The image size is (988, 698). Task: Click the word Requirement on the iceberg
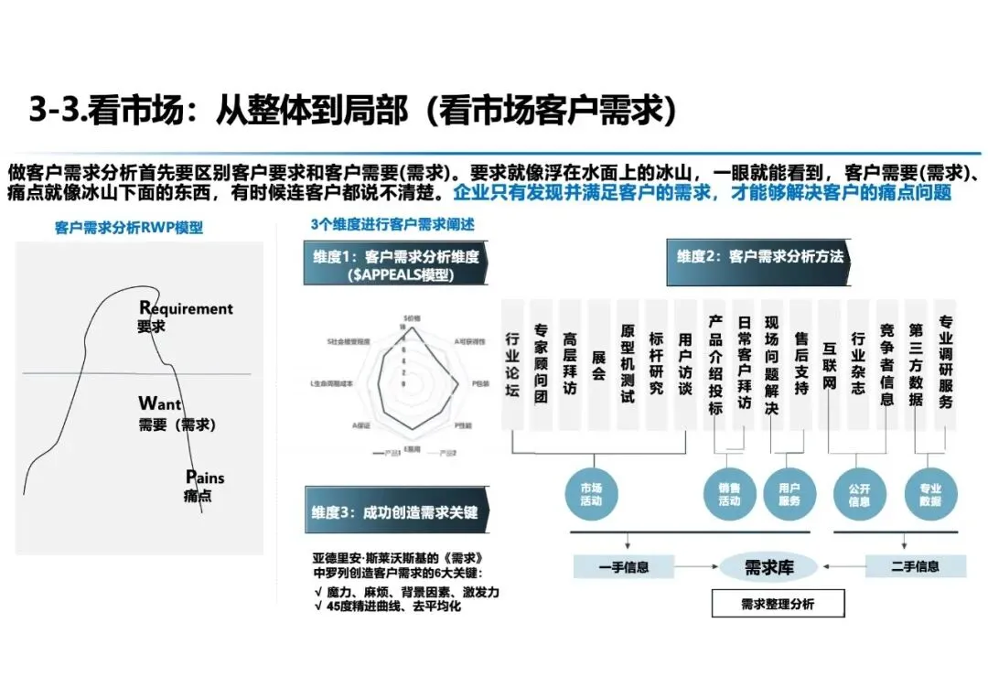click(187, 308)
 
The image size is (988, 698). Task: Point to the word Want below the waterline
click(160, 403)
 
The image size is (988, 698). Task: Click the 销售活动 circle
click(729, 495)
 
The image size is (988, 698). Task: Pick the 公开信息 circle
click(859, 495)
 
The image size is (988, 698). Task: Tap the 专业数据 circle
click(929, 495)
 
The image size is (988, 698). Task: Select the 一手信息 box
click(624, 567)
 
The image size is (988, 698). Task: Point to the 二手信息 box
click(914, 566)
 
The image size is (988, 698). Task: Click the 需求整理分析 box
click(778, 604)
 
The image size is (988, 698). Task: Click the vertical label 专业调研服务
click(946, 362)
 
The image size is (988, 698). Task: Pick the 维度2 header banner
click(760, 257)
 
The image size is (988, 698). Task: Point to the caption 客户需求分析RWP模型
click(129, 229)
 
